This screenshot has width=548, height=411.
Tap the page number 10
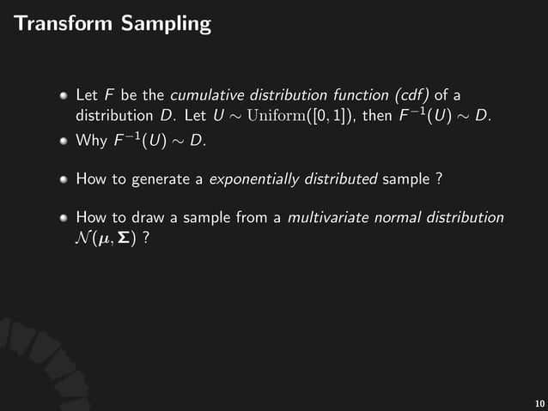click(x=539, y=403)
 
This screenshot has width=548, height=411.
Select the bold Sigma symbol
click(x=126, y=238)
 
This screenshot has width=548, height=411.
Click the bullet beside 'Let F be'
click(x=63, y=93)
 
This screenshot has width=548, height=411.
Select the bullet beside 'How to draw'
click(x=63, y=218)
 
